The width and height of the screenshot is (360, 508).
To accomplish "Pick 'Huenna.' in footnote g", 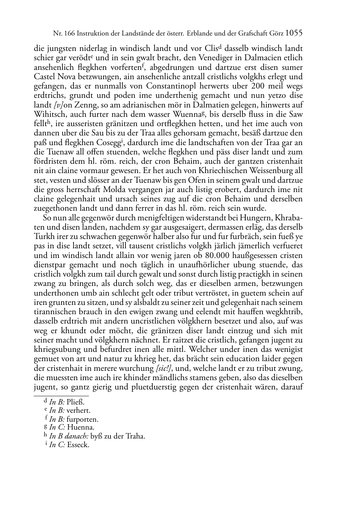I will pos(81,427).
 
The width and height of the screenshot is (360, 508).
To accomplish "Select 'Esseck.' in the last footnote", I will pos(78,445).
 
